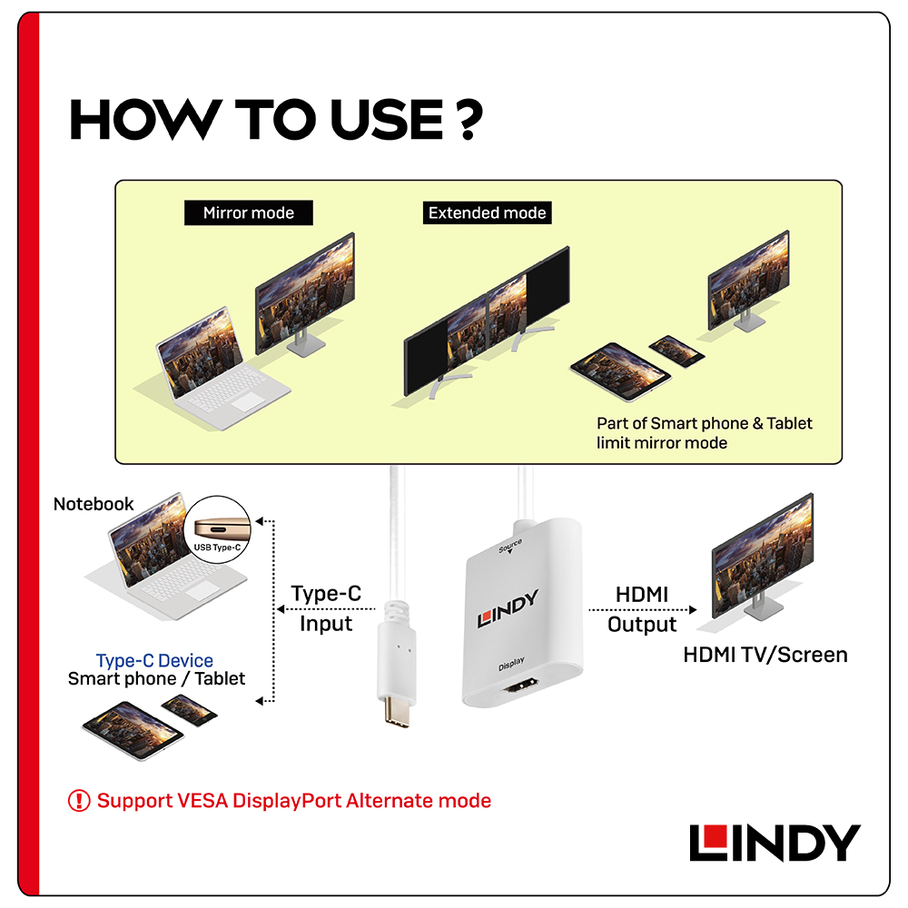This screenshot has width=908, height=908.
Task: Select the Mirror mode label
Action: pyautogui.click(x=248, y=213)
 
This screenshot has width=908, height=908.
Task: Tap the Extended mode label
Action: pyautogui.click(x=488, y=213)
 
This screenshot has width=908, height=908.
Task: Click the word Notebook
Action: pyautogui.click(x=94, y=504)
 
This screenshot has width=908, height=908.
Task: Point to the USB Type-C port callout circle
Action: pyautogui.click(x=222, y=528)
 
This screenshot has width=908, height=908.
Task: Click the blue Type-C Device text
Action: pyautogui.click(x=154, y=661)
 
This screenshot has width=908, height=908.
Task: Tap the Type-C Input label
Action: pyautogui.click(x=326, y=608)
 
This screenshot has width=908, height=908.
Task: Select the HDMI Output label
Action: pyautogui.click(x=642, y=609)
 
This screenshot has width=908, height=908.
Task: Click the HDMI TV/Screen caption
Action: pyautogui.click(x=765, y=655)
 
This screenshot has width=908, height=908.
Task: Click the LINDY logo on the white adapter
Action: pyautogui.click(x=508, y=609)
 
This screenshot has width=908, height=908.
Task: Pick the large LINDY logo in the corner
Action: pyautogui.click(x=774, y=843)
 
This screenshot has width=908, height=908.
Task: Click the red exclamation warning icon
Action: pyautogui.click(x=80, y=801)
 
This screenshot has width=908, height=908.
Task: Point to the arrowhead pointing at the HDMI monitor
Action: pyautogui.click(x=694, y=610)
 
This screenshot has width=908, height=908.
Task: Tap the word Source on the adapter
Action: pyautogui.click(x=510, y=545)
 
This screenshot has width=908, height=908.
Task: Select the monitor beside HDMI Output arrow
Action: pyautogui.click(x=761, y=554)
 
